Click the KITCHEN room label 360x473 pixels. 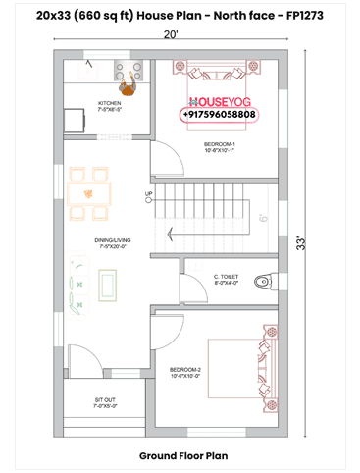tap(109, 105)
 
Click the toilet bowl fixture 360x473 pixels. tap(259, 283)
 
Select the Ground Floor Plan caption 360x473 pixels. tap(182, 455)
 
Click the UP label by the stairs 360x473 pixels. tap(149, 194)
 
